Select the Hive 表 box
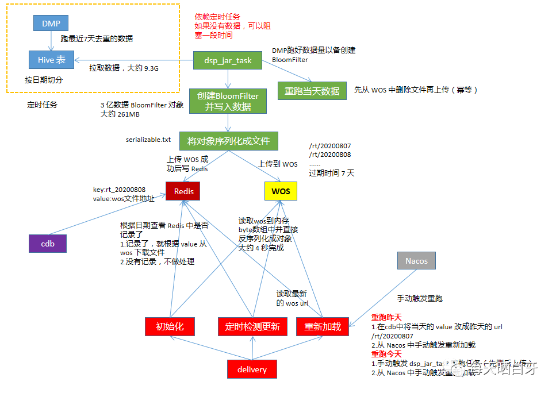click(x=51, y=59)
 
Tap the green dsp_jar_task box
click(x=228, y=60)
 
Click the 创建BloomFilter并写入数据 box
click(x=228, y=101)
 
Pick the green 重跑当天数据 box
click(x=312, y=91)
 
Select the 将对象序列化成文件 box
click(x=228, y=140)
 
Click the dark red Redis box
click(x=183, y=191)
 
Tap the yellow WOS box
click(x=281, y=191)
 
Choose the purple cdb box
click(x=48, y=244)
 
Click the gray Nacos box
click(x=416, y=261)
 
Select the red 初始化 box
click(x=170, y=327)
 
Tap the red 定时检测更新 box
click(x=252, y=327)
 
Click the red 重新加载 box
click(x=322, y=327)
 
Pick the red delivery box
click(x=252, y=369)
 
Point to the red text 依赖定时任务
click(x=217, y=17)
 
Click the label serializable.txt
click(x=148, y=140)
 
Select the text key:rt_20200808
click(x=119, y=189)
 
